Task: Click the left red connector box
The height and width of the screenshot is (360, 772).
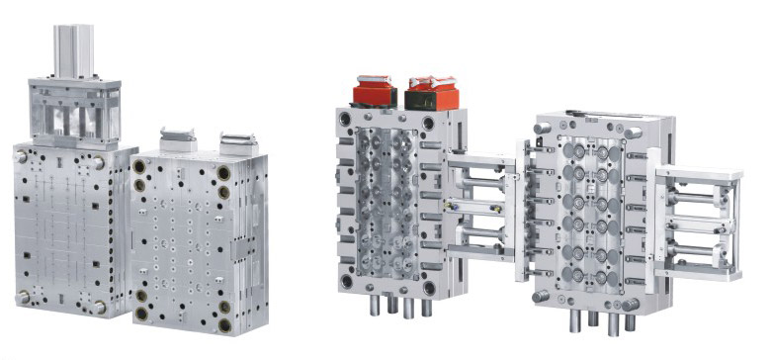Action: [374, 92]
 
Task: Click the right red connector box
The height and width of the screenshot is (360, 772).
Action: [433, 92]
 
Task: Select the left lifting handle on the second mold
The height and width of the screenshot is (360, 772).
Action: [176, 139]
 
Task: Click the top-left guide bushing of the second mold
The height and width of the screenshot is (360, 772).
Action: [139, 166]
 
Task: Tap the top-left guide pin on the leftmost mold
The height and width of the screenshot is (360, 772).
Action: [21, 156]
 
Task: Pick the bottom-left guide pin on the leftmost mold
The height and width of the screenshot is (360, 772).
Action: [22, 296]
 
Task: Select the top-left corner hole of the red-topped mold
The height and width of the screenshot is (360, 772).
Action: [345, 120]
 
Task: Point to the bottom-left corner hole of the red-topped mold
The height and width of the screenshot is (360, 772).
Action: [346, 281]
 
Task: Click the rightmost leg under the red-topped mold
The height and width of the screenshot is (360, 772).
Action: [427, 308]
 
